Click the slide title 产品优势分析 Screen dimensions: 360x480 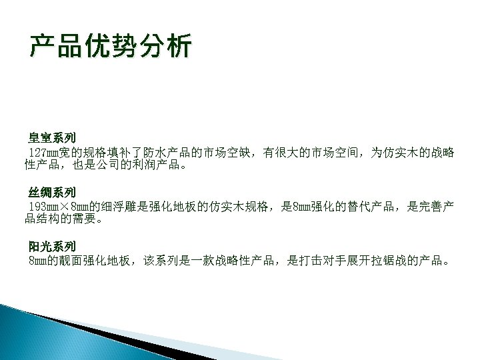click(x=111, y=47)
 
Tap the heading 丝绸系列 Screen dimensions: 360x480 click(x=52, y=193)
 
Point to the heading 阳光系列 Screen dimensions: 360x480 click(x=52, y=247)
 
